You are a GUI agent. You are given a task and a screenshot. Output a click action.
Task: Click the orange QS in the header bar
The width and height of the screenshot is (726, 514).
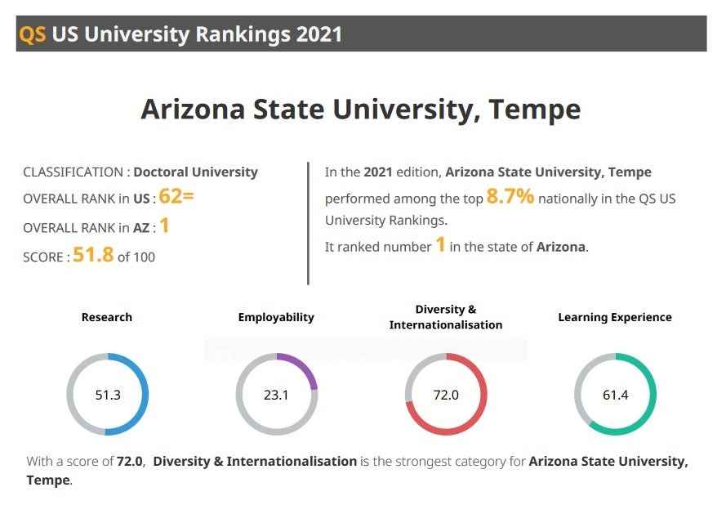32,34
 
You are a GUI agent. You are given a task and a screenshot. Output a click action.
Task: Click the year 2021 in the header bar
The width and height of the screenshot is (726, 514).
319,34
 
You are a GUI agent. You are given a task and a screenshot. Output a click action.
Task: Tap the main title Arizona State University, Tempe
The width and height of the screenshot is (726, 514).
360,109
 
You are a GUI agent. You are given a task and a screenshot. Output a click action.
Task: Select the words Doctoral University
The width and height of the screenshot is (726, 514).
195,172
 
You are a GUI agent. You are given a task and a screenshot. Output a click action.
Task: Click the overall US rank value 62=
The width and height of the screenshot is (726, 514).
176,197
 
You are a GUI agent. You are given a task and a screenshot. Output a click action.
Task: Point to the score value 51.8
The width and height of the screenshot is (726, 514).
93,255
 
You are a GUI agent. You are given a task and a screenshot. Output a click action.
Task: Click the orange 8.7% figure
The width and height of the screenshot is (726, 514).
510,197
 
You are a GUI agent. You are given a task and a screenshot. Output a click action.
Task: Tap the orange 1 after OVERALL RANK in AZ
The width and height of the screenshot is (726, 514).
164,226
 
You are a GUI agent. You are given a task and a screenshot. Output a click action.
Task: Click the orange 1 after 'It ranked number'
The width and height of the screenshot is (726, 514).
439,245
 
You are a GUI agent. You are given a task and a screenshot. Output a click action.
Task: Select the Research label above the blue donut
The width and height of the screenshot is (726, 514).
106,317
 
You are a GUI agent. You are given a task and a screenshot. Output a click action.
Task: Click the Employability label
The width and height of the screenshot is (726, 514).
276,317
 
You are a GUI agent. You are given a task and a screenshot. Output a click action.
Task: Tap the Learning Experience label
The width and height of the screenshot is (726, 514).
614,317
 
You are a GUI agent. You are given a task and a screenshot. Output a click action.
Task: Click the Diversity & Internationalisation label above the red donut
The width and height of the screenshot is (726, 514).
445,317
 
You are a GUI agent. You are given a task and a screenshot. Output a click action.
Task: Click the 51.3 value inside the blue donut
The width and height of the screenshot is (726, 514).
107,395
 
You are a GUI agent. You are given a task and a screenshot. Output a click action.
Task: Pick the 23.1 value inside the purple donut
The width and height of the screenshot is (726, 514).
276,395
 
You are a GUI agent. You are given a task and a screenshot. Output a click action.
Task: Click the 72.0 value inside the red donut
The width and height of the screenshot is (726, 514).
445,395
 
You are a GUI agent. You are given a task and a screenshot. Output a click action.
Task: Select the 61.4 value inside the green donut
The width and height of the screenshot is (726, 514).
615,395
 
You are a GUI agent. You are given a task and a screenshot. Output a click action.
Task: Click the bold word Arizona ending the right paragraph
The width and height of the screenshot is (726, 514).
560,247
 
